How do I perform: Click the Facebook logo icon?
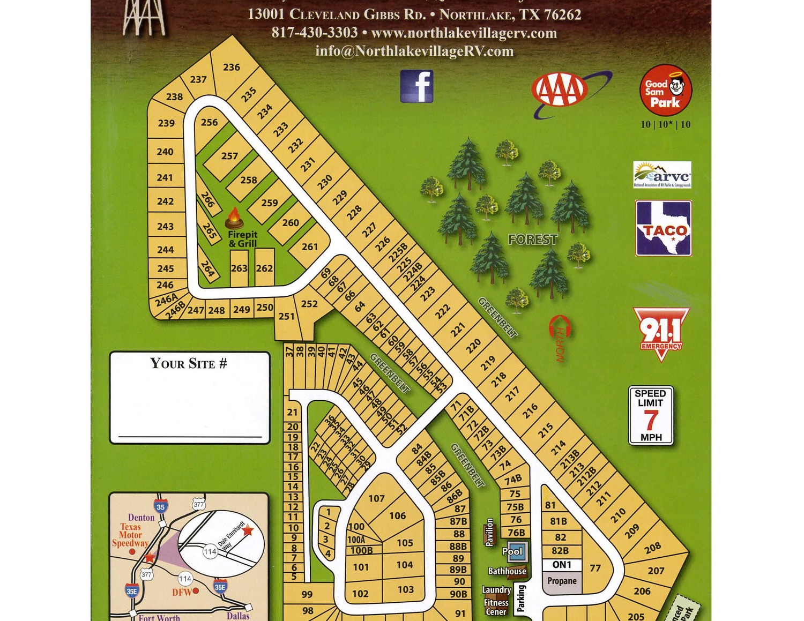pos(416,86)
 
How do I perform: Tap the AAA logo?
pos(560,90)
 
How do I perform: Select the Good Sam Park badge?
pos(665,91)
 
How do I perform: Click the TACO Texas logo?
pos(664,228)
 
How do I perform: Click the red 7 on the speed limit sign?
pos(651,421)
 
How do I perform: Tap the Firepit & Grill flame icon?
pos(234,219)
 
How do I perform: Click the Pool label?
pos(512,551)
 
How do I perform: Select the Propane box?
pos(562,581)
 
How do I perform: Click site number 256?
pos(209,122)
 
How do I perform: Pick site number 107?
pos(376,498)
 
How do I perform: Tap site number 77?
pos(595,568)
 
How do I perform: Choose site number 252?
pos(309,304)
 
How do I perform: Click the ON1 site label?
pos(562,565)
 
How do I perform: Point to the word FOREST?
pos(533,240)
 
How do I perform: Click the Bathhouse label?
pos(507,571)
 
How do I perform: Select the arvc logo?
pos(662,175)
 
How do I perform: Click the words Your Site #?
pos(189,363)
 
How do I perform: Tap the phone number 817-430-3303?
pos(315,33)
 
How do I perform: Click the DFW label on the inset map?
pos(182,592)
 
